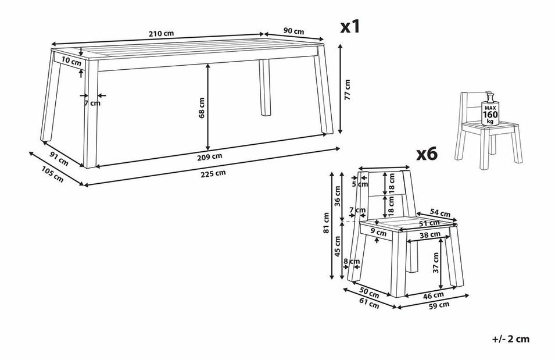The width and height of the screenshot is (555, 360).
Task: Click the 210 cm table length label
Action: coord(161,34)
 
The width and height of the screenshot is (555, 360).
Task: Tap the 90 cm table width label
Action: coord(294,31)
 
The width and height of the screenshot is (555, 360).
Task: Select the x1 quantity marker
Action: coord(350,27)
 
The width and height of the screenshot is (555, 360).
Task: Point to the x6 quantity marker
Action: coord(427,154)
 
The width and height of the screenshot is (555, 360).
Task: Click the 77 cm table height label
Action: coord(347,90)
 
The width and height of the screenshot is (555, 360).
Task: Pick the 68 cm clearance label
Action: coord(202,108)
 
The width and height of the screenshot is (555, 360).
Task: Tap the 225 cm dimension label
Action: coord(213,173)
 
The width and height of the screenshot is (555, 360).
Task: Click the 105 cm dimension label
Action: coord(53,174)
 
